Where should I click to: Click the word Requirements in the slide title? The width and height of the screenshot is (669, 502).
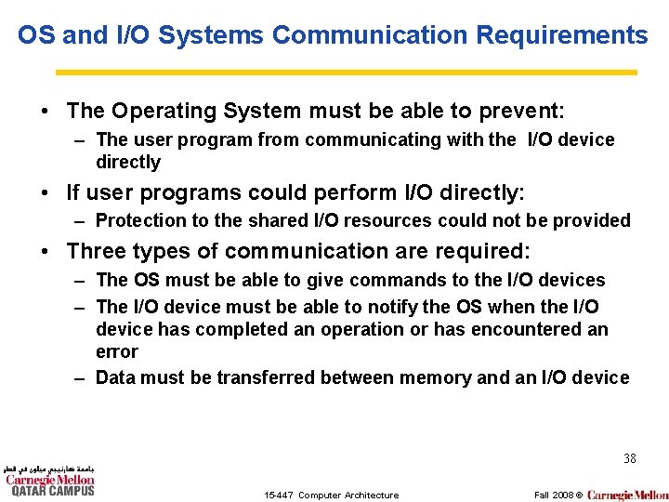click(x=561, y=35)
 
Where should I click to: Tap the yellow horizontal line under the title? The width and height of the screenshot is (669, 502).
click(x=346, y=72)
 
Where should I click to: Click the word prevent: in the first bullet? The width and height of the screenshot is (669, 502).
click(x=521, y=112)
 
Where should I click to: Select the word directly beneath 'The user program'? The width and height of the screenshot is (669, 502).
click(x=128, y=163)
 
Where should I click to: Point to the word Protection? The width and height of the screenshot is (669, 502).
click(x=139, y=221)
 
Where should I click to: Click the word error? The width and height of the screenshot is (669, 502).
click(x=117, y=352)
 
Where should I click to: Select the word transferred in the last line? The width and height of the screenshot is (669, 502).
click(x=266, y=377)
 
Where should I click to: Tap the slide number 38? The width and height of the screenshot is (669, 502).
click(x=629, y=459)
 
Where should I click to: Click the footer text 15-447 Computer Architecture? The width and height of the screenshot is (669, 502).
click(x=331, y=495)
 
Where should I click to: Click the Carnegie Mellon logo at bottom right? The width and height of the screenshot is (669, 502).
click(x=627, y=495)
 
